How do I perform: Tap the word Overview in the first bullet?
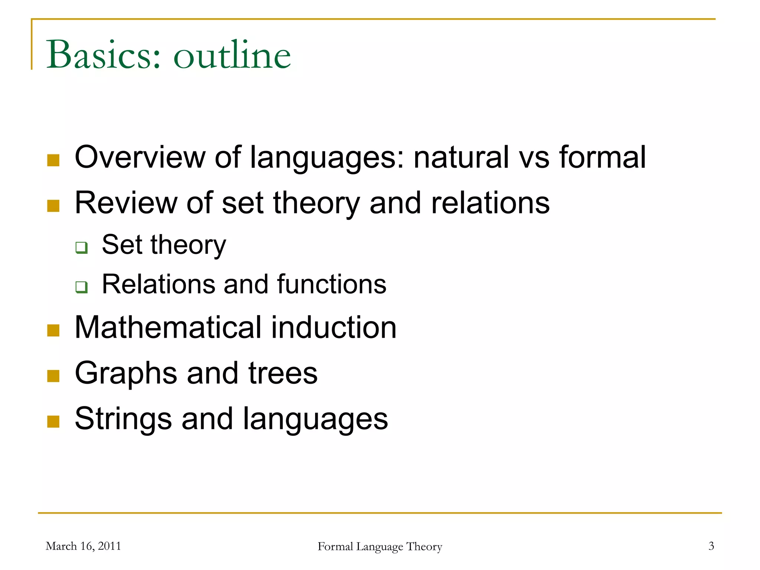(x=140, y=157)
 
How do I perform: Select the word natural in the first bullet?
(x=461, y=157)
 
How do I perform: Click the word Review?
(x=126, y=203)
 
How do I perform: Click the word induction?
(x=334, y=328)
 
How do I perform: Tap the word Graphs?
(x=126, y=373)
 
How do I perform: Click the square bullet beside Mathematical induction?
(x=53, y=330)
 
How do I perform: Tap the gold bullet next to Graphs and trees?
(x=53, y=376)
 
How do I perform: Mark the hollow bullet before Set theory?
(x=81, y=247)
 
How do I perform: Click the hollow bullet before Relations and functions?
(x=81, y=287)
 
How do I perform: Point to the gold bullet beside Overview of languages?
(x=53, y=160)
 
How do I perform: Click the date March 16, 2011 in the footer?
(x=83, y=546)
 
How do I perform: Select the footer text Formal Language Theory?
(x=380, y=547)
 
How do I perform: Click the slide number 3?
(x=711, y=546)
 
